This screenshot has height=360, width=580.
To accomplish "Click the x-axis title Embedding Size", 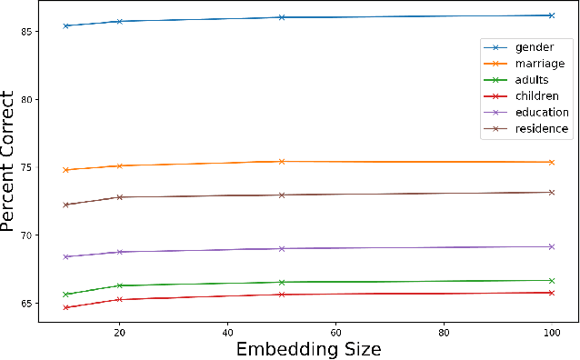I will (x=308, y=349).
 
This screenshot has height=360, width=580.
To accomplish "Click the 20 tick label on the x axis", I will (x=120, y=332).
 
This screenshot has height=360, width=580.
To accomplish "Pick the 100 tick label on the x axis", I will (x=551, y=332).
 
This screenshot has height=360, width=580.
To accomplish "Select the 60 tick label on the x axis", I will (x=335, y=332).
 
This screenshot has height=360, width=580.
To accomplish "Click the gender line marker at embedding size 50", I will (x=282, y=17).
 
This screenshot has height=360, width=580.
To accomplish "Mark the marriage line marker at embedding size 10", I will (x=66, y=170).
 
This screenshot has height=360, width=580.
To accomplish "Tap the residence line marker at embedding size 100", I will (x=551, y=192).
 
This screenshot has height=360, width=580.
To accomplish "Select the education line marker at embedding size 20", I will (x=120, y=252).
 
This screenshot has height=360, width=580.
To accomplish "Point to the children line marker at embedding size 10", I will (x=66, y=307).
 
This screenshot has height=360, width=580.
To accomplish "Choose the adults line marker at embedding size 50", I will (x=282, y=282).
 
